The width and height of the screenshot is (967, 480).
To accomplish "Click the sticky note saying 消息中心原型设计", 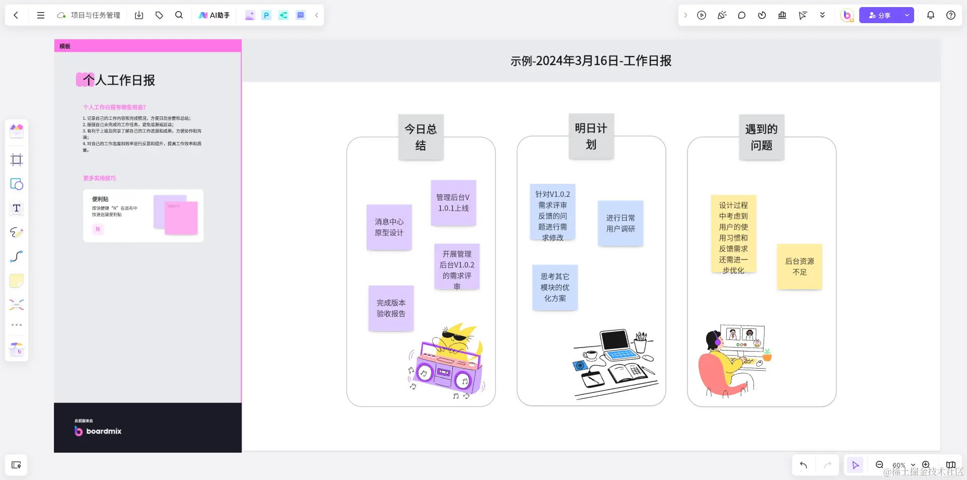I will click(389, 227).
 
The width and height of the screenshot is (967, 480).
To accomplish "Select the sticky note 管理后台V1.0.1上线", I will click(453, 202).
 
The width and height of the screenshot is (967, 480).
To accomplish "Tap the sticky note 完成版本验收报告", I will click(391, 308).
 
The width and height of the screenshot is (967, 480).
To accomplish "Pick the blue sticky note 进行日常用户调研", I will click(620, 223).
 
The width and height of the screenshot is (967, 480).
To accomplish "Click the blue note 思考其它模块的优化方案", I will click(555, 287).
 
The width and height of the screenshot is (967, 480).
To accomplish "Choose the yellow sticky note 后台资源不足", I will click(799, 266).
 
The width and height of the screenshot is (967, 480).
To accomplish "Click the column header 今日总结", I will click(421, 137).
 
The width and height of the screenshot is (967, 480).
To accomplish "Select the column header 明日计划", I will click(591, 136).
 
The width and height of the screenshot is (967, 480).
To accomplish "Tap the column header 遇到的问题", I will click(761, 137).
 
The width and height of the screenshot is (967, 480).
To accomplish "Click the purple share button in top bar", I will click(879, 15).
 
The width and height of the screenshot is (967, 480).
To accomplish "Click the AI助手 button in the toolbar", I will click(215, 15).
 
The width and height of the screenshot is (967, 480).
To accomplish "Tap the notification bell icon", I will click(931, 15).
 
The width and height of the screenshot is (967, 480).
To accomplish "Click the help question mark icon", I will click(951, 15).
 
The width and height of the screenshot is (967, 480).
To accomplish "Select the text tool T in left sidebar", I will click(17, 208).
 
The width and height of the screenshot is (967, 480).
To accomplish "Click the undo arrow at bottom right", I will click(803, 465).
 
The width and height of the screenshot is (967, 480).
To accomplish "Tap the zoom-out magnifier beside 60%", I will click(879, 465).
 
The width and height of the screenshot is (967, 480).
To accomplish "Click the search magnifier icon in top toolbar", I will click(179, 15).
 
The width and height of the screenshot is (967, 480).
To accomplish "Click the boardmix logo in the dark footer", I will click(98, 431).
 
